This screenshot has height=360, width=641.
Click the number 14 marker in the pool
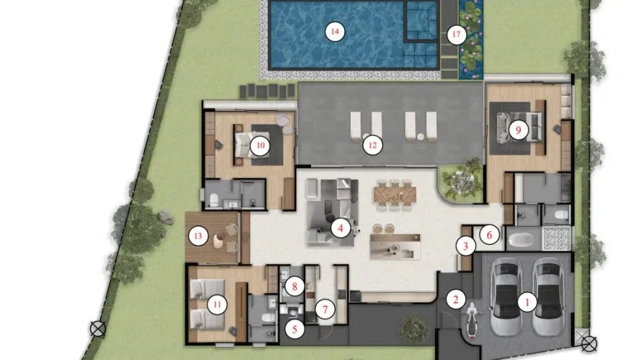pos(335,32)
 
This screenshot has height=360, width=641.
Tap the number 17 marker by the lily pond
pos(456,35)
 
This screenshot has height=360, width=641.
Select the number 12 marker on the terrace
pos(372,145)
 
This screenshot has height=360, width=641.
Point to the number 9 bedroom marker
pos(519,130)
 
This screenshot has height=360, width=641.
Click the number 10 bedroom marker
pos(260,145)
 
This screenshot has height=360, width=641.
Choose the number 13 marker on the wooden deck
pos(198,236)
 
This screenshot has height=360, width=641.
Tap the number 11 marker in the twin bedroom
pos(217,305)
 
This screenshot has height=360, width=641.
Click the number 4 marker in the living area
pos(341,228)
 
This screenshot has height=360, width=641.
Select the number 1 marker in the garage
pos(527,303)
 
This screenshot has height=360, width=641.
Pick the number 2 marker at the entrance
pos(455,300)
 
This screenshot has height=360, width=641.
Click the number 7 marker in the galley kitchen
pos(325,310)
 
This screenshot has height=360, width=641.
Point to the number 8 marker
pos(295,287)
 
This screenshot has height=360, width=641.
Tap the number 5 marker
pos(295,329)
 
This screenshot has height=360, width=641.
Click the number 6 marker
pos(489,235)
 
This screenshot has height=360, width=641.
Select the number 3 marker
pos(465,246)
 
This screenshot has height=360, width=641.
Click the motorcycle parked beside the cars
pos(471,320)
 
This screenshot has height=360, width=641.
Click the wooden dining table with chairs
pos(394,196)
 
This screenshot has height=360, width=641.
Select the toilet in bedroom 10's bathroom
pos(214,200)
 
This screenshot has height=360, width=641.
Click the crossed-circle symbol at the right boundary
pos(588,343)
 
